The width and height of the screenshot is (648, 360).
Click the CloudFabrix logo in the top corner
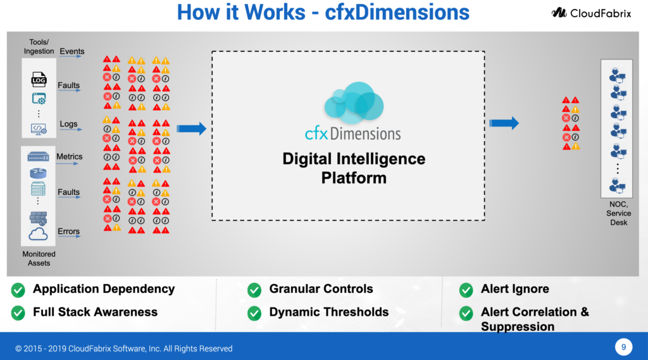(590, 13)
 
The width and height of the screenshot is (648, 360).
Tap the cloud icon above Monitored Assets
(38, 235)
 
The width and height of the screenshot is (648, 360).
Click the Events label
(72, 51)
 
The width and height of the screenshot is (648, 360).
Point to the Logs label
(68, 124)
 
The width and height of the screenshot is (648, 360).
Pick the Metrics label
(70, 156)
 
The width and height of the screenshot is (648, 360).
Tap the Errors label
(68, 231)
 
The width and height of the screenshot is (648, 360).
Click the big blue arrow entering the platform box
(191, 129)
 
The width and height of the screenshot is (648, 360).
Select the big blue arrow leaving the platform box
(504, 123)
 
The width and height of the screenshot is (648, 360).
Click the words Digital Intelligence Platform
(353, 168)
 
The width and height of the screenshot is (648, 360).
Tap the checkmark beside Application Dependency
(18, 290)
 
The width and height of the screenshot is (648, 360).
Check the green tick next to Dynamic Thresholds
(254, 313)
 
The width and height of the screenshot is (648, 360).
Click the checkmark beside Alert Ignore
(466, 290)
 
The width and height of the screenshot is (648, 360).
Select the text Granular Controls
(321, 289)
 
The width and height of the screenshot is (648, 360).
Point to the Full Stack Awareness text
(95, 312)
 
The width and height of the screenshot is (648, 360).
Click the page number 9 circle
(623, 347)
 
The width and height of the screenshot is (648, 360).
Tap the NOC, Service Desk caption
(618, 213)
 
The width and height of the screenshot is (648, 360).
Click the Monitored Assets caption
(39, 258)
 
